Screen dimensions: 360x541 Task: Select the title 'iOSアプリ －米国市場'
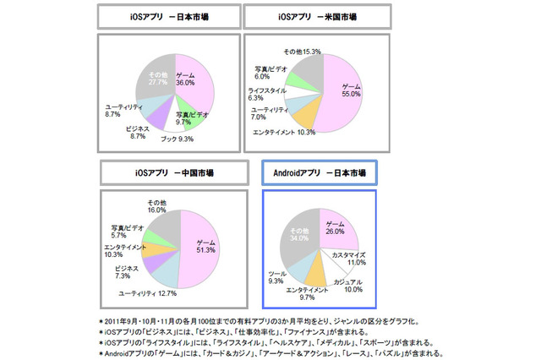pyautogui.click(x=315, y=16)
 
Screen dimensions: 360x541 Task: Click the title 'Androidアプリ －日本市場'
pyautogui.click(x=319, y=172)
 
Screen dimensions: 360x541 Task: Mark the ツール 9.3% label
pyautogui.click(x=283, y=276)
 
